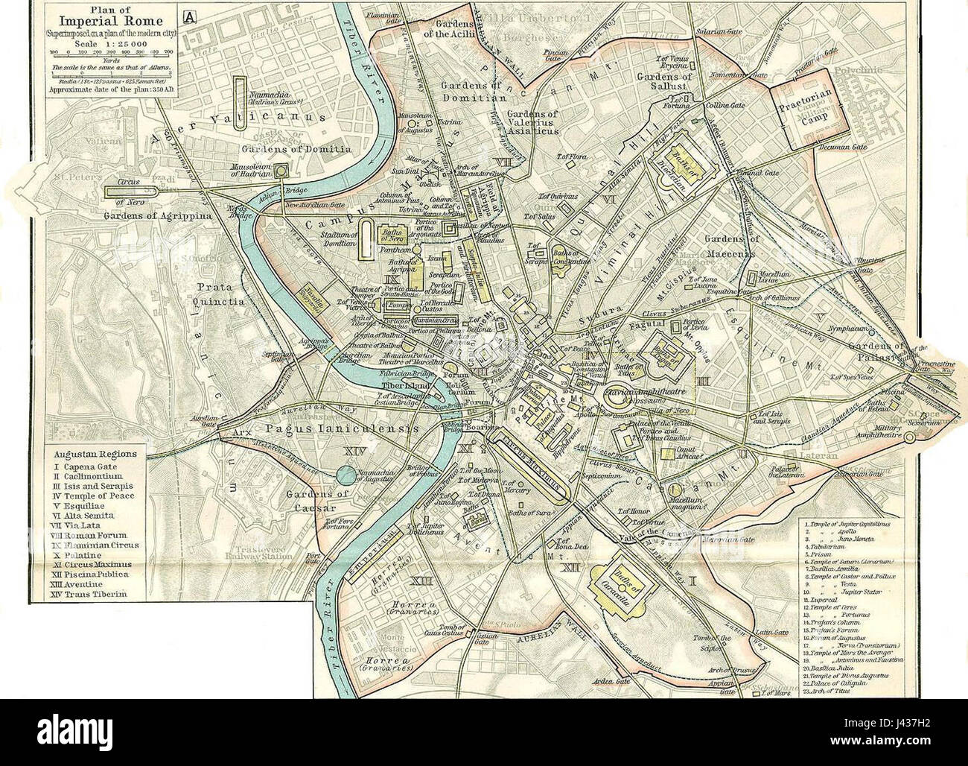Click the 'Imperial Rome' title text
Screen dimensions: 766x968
coord(115,21)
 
